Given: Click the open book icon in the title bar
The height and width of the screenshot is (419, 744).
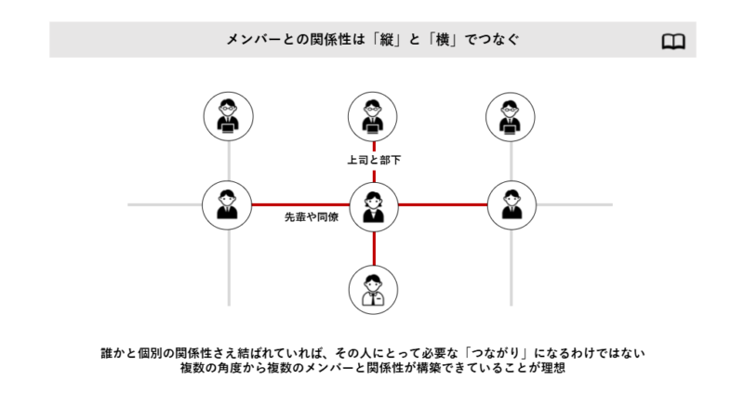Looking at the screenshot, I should pyautogui.click(x=673, y=41).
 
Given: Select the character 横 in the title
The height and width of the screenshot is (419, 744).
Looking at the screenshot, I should pyautogui.click(x=458, y=41).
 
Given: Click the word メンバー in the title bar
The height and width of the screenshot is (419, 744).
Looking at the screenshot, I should pyautogui.click(x=256, y=41).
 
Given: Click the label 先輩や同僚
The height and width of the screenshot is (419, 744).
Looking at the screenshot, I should pyautogui.click(x=312, y=217).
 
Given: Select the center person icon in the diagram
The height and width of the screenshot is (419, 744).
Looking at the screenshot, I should pyautogui.click(x=374, y=205).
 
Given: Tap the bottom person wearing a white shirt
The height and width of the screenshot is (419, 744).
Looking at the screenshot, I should pyautogui.click(x=374, y=289).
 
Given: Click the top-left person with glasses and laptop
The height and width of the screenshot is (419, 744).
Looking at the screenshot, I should pyautogui.click(x=228, y=117).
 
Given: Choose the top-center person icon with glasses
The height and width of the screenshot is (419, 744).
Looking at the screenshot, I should pyautogui.click(x=374, y=117).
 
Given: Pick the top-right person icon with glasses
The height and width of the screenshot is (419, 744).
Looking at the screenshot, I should pyautogui.click(x=511, y=117).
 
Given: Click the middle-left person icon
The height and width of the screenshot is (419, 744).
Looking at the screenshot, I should pyautogui.click(x=228, y=204).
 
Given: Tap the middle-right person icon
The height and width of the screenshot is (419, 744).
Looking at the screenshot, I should pyautogui.click(x=511, y=204).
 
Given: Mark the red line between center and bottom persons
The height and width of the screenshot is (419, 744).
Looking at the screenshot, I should pyautogui.click(x=374, y=247).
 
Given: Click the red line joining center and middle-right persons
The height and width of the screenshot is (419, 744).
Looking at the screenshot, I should pyautogui.click(x=443, y=204).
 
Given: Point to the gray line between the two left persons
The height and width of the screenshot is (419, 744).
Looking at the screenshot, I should pyautogui.click(x=228, y=161).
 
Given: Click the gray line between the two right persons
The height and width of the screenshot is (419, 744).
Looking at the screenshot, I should pyautogui.click(x=511, y=161).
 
